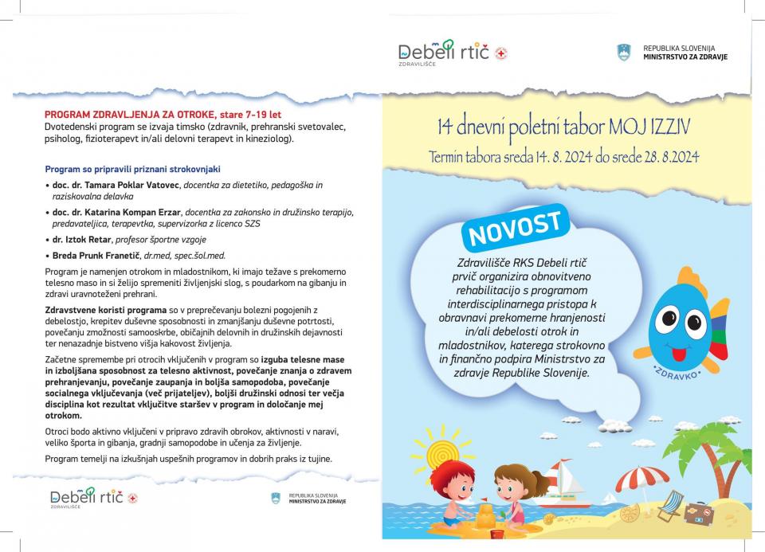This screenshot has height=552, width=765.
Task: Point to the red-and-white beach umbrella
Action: click(641, 479)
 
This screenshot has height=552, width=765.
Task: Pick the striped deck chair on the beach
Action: click(672, 504)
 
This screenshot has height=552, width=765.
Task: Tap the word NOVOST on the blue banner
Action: click(516, 228)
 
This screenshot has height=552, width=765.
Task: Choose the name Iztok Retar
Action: click(89, 239)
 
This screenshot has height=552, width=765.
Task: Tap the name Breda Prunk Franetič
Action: click(95, 256)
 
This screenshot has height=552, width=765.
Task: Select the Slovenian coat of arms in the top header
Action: click(623, 53)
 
